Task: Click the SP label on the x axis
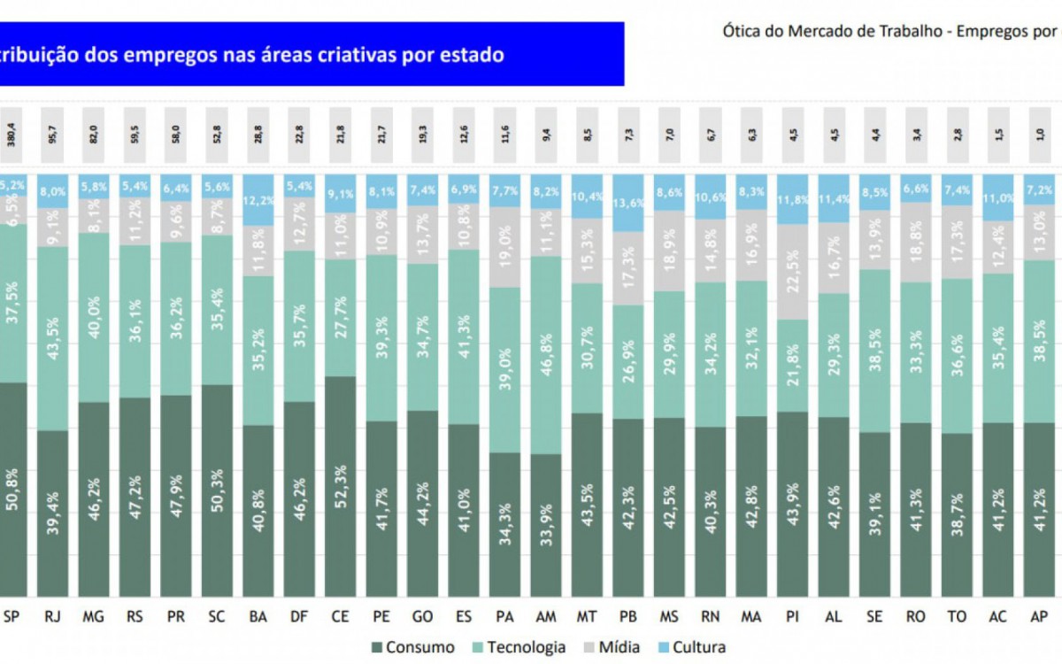pyautogui.click(x=12, y=616)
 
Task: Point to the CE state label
pyautogui.click(x=340, y=616)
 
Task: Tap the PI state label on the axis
pyautogui.click(x=792, y=616)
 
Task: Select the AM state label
pyautogui.click(x=545, y=616)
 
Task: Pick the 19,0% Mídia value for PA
pyautogui.click(x=505, y=248)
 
